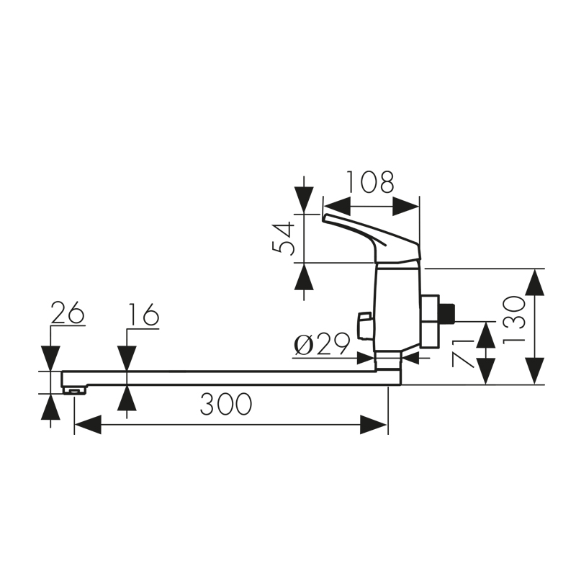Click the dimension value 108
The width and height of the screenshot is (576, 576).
[x=370, y=183]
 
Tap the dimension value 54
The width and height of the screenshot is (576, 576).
[x=283, y=238]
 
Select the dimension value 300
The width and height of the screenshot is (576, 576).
[x=226, y=404]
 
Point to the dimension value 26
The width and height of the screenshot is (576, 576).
[x=68, y=314]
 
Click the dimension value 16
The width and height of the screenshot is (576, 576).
[x=143, y=315]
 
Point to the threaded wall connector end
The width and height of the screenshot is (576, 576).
[x=449, y=312]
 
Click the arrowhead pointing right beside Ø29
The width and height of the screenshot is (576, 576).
[x=363, y=355]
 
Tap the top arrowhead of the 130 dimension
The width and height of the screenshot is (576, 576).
[x=534, y=282]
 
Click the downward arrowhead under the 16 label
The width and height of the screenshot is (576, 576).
[x=127, y=358]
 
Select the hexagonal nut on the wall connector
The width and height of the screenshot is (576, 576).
[x=431, y=320]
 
